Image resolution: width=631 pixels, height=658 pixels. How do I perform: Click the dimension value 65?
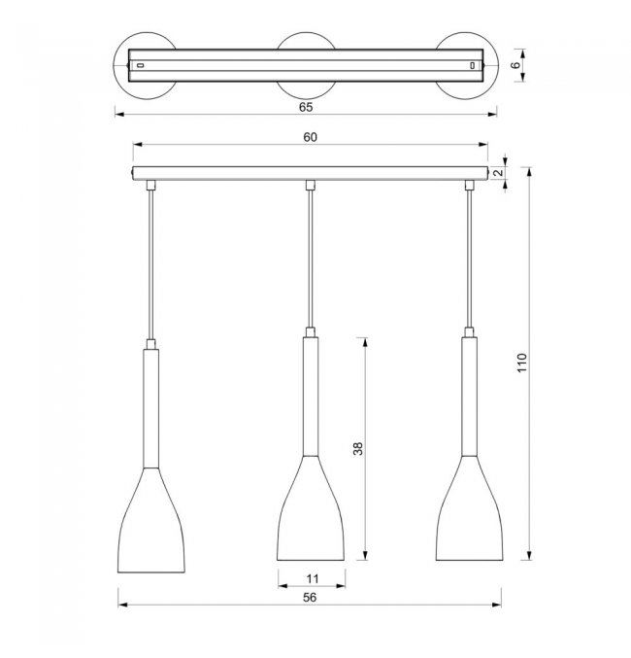pos(306,107)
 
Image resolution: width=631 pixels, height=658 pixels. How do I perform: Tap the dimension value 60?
pos(311,137)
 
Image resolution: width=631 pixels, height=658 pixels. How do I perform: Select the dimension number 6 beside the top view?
pos(515,65)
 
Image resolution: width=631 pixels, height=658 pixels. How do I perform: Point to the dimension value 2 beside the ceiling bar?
pos(498,172)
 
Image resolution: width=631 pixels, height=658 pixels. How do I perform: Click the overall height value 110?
pos(521,363)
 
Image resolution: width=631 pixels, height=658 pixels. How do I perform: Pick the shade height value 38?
pos(357,449)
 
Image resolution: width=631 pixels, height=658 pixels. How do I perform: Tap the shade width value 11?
pos(313,579)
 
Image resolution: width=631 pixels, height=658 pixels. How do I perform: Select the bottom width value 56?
pos(310,598)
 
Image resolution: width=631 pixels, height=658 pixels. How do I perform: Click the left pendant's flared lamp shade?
pos(150,520)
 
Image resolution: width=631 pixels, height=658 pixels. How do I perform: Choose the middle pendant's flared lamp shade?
pos(311,508)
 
